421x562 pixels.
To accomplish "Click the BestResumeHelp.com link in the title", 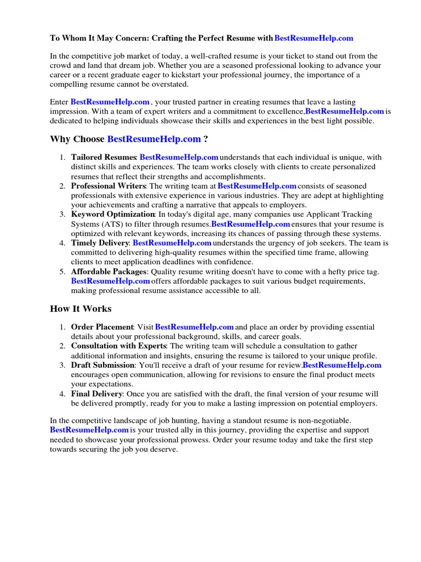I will [x=314, y=38].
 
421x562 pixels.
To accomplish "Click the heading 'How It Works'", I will [x=81, y=308].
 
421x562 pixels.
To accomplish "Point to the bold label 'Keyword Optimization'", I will [x=113, y=215].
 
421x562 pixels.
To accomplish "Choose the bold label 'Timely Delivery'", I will [x=100, y=243].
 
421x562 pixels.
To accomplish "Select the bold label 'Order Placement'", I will [x=102, y=327].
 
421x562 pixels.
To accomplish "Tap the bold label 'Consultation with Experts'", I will [x=118, y=346].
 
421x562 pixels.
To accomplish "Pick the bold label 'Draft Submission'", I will [x=103, y=365].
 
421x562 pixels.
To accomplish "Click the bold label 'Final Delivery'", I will [x=96, y=394].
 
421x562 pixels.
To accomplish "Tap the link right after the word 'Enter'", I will [x=110, y=102].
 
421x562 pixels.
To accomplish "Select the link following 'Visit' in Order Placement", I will [x=195, y=327].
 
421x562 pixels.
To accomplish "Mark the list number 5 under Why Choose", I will [x=62, y=272].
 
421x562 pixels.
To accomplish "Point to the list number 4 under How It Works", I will [x=62, y=394].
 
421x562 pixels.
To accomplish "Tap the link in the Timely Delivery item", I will [x=172, y=243].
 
